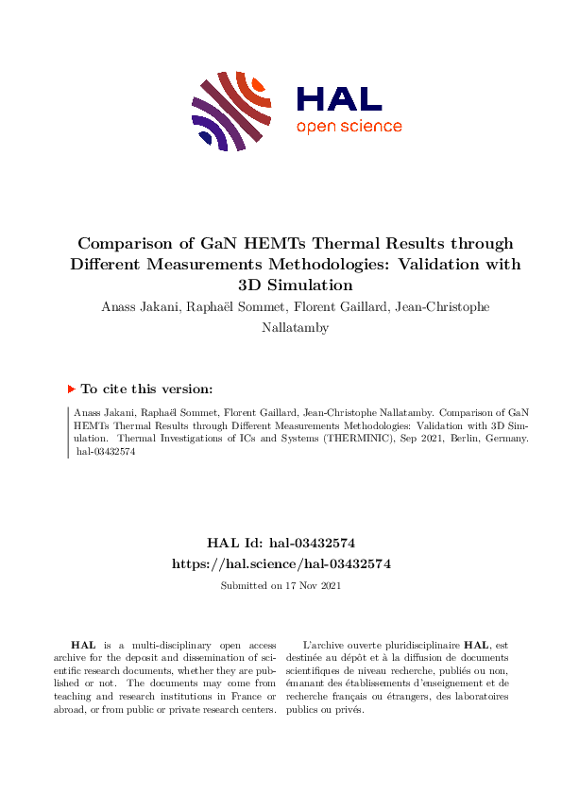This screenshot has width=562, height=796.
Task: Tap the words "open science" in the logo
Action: [349, 127]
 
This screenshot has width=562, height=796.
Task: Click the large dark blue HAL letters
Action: [339, 98]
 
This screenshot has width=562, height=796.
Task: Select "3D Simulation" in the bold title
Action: [295, 285]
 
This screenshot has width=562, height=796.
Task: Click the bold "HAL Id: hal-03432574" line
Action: [281, 543]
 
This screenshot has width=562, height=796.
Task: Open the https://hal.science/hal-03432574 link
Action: [281, 563]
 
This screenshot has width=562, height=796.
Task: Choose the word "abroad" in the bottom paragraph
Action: [70, 709]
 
